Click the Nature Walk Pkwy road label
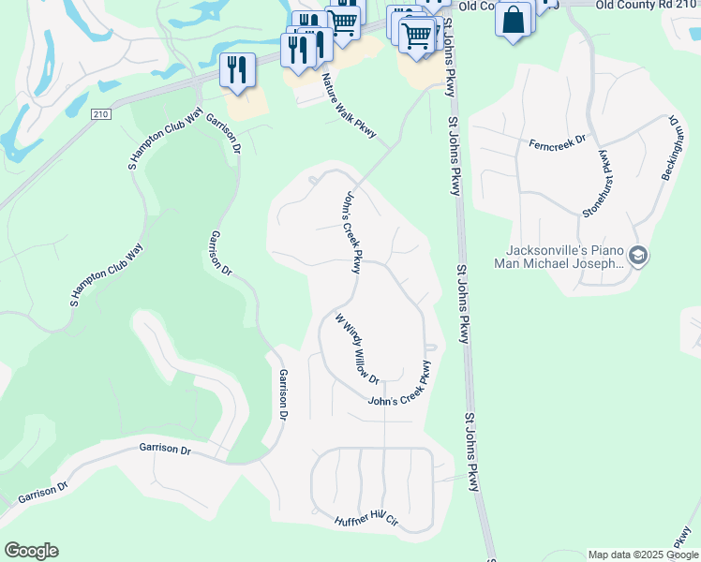tap(349, 106)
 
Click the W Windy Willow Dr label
tap(357, 348)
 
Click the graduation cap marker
tap(637, 256)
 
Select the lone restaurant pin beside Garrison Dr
tap(237, 69)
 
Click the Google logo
tap(31, 551)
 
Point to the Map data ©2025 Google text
tap(643, 555)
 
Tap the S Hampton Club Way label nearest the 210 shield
tap(165, 140)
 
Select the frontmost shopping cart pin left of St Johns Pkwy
tap(417, 37)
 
